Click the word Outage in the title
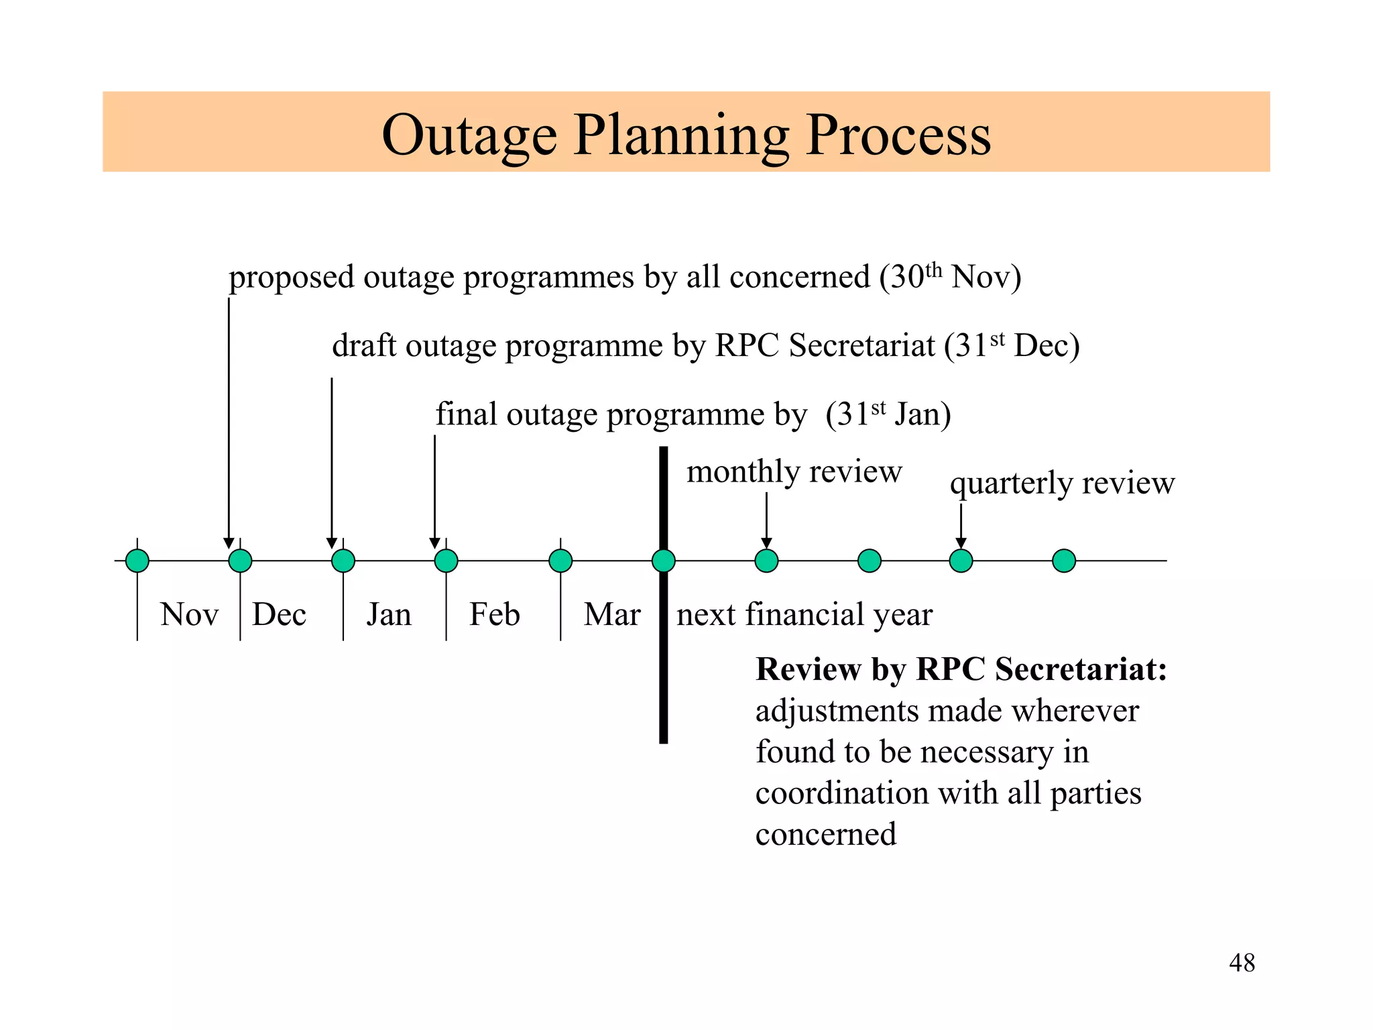coord(469,135)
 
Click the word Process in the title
coord(898,135)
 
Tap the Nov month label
coord(189,614)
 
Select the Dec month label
coord(279,614)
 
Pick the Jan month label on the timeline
coord(389,614)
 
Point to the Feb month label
coord(494,614)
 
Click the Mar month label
coord(611,614)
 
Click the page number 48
coord(1242,963)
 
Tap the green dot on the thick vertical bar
coord(663,561)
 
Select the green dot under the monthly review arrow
coord(766,561)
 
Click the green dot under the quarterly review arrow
coord(961,561)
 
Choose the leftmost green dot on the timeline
coord(137,561)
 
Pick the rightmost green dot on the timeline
coord(1064,561)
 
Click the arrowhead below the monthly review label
coord(766,543)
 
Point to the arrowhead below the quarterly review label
coord(961,543)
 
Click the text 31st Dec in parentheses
coord(1012,346)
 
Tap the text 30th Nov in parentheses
coord(951,277)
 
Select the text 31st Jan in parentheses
coord(888,414)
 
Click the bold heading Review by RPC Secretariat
coord(961,669)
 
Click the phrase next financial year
coord(804,614)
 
